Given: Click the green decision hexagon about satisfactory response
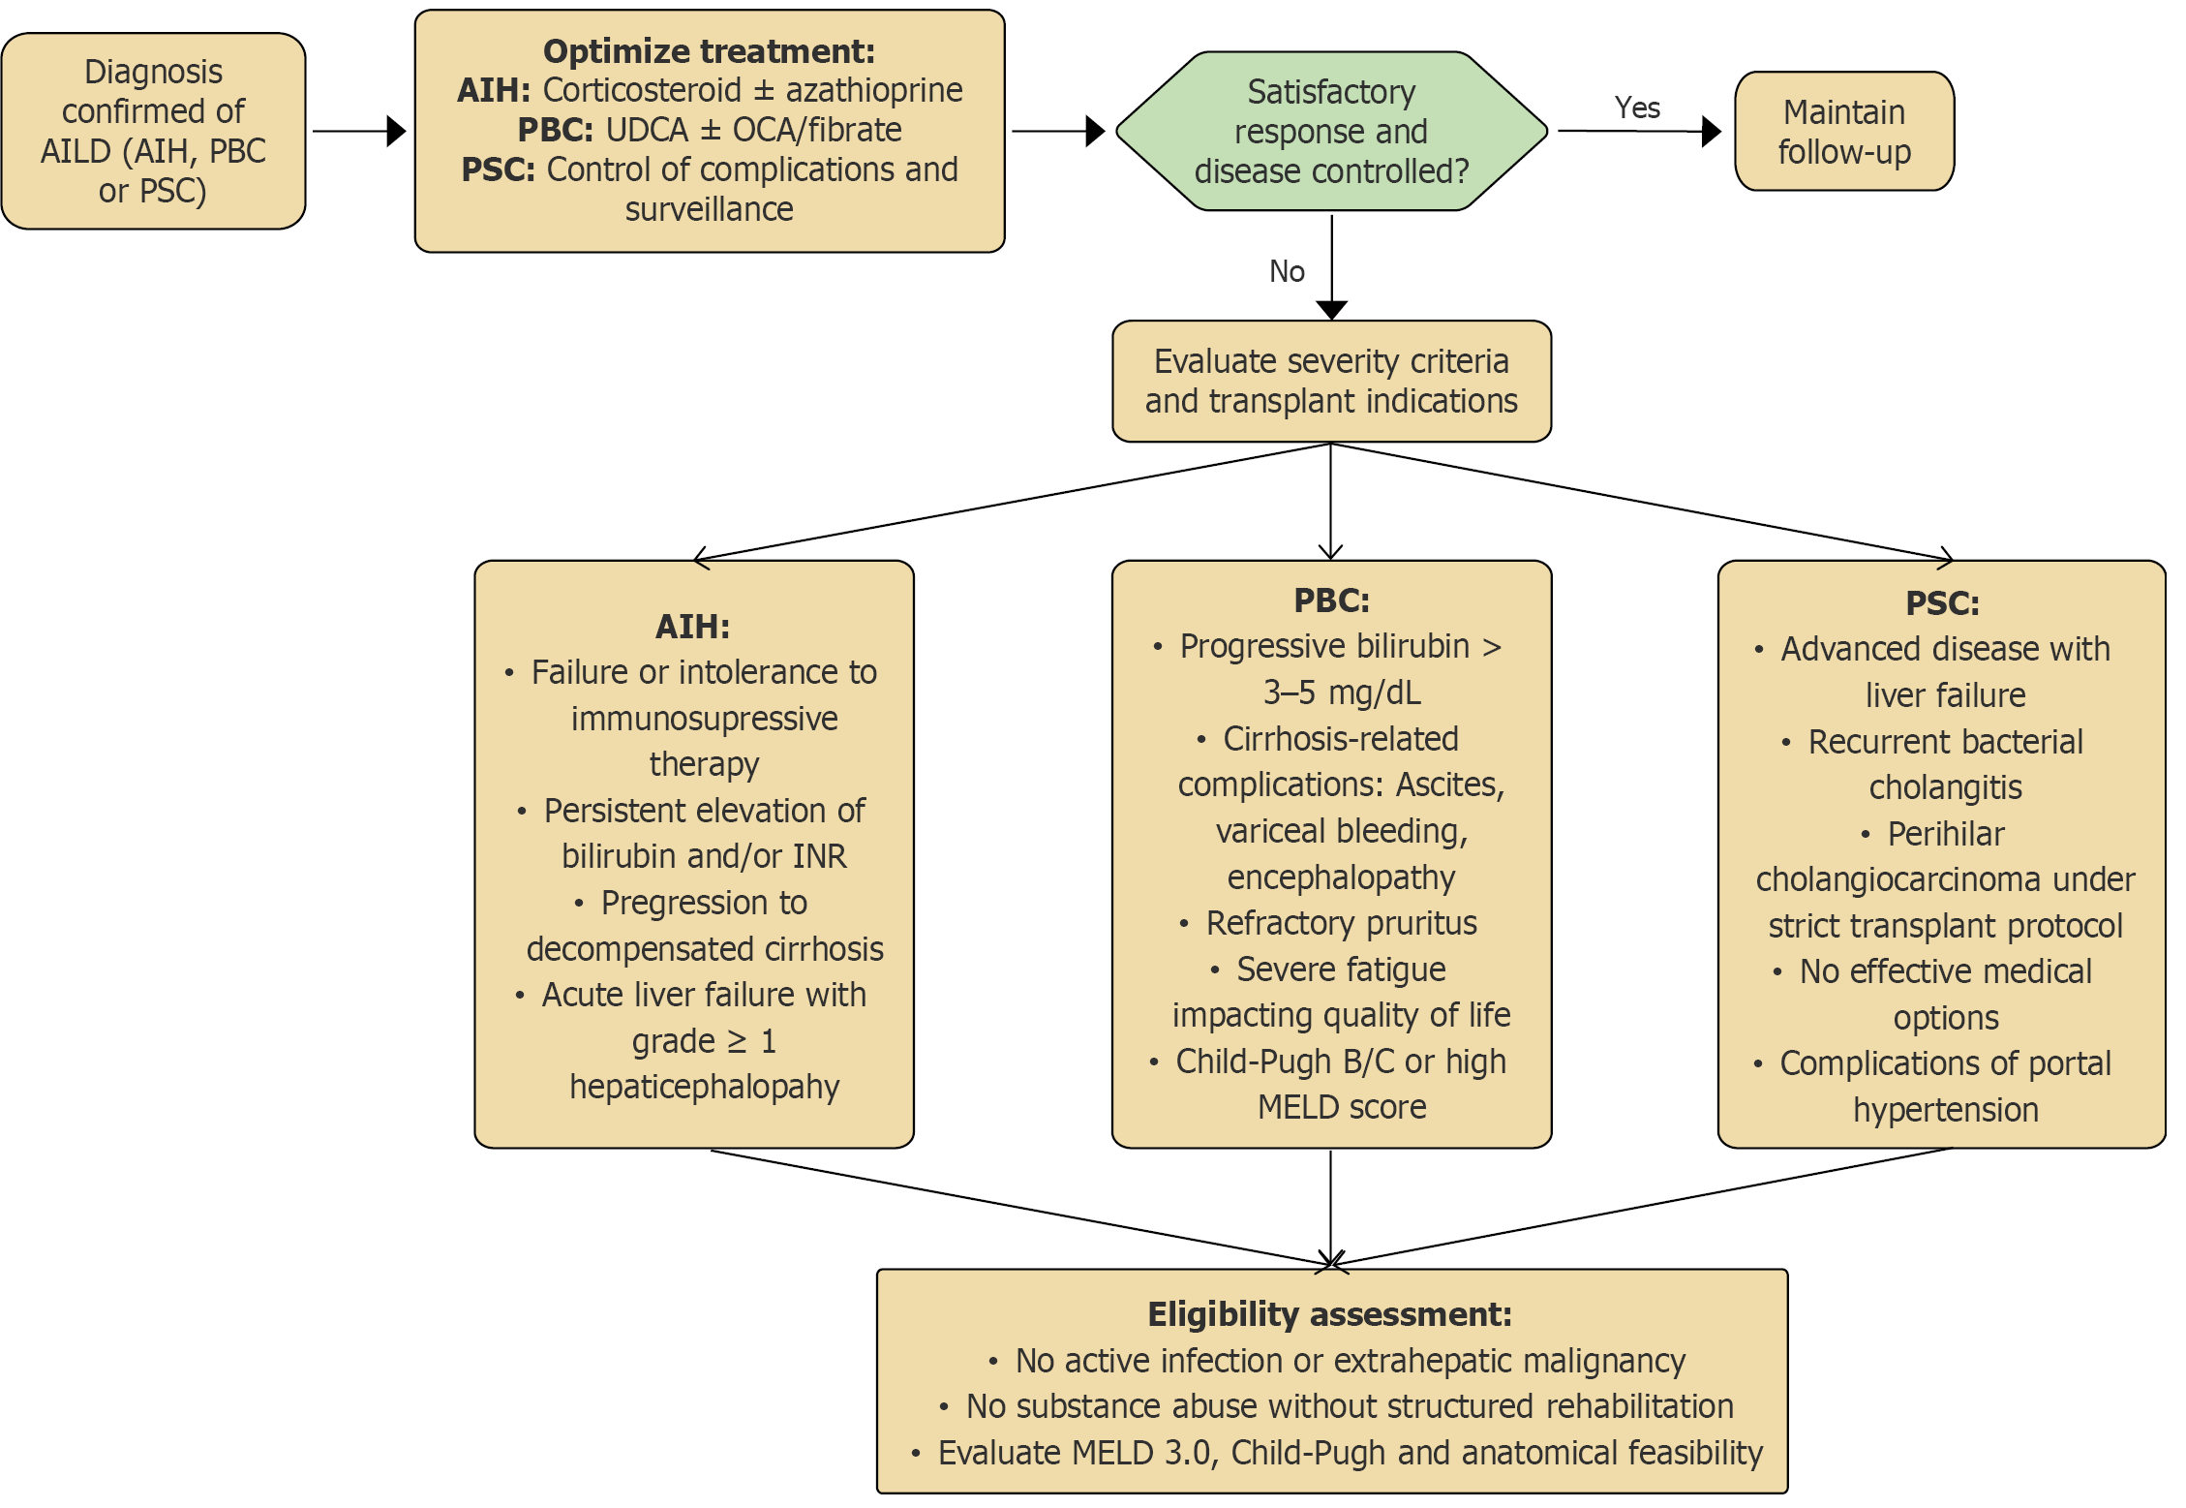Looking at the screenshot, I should click(x=1331, y=131).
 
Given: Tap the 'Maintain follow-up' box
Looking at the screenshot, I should click(x=1843, y=132).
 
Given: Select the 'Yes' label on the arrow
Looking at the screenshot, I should click(x=1637, y=108).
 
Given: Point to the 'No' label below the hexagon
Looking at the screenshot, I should click(x=1287, y=271).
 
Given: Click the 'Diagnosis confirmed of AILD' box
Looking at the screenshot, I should click(x=153, y=131).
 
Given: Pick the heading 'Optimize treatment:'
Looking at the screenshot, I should click(x=709, y=50).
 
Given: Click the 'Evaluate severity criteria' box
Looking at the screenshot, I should click(x=1331, y=381).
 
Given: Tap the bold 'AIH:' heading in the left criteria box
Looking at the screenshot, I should click(x=692, y=627).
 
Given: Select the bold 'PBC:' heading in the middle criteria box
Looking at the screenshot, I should click(x=1331, y=600).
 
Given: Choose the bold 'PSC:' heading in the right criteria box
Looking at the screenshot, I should click(x=1942, y=603).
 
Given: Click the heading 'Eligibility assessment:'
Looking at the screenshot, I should click(x=1329, y=1314).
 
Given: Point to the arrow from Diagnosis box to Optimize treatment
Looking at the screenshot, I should click(x=358, y=131).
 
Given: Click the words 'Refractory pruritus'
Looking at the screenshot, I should click(x=1341, y=923).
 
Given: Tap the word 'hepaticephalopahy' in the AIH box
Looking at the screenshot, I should click(x=704, y=1087).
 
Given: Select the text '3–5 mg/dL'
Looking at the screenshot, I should click(x=1342, y=692).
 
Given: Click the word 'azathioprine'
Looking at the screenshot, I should click(x=873, y=90).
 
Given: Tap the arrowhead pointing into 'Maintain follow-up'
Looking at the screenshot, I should click(x=1712, y=131).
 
